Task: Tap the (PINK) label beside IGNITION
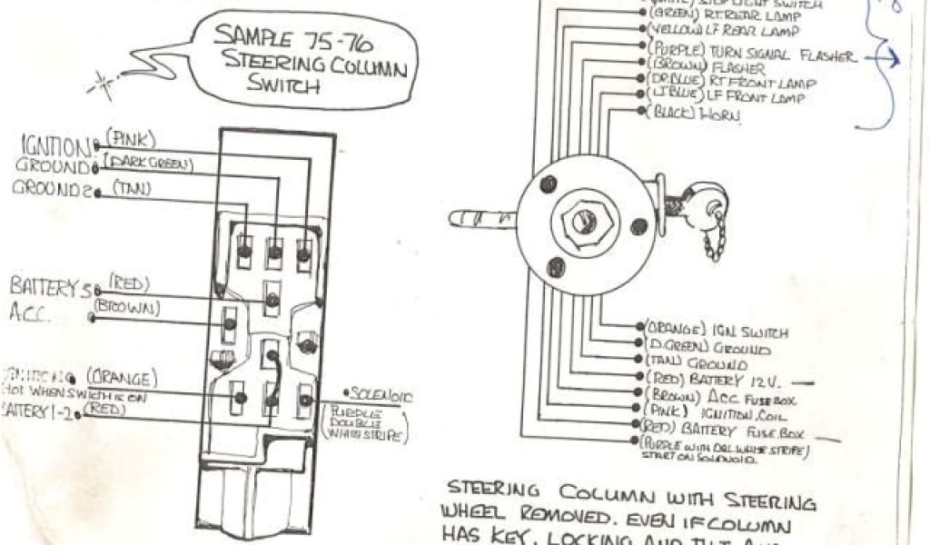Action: (x=131, y=139)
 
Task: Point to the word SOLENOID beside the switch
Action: (x=382, y=396)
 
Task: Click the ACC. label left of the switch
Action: (x=33, y=314)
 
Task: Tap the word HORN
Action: (x=723, y=115)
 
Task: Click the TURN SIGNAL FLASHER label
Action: (x=777, y=54)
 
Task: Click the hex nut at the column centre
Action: (x=583, y=219)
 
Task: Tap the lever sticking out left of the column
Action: (x=481, y=219)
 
